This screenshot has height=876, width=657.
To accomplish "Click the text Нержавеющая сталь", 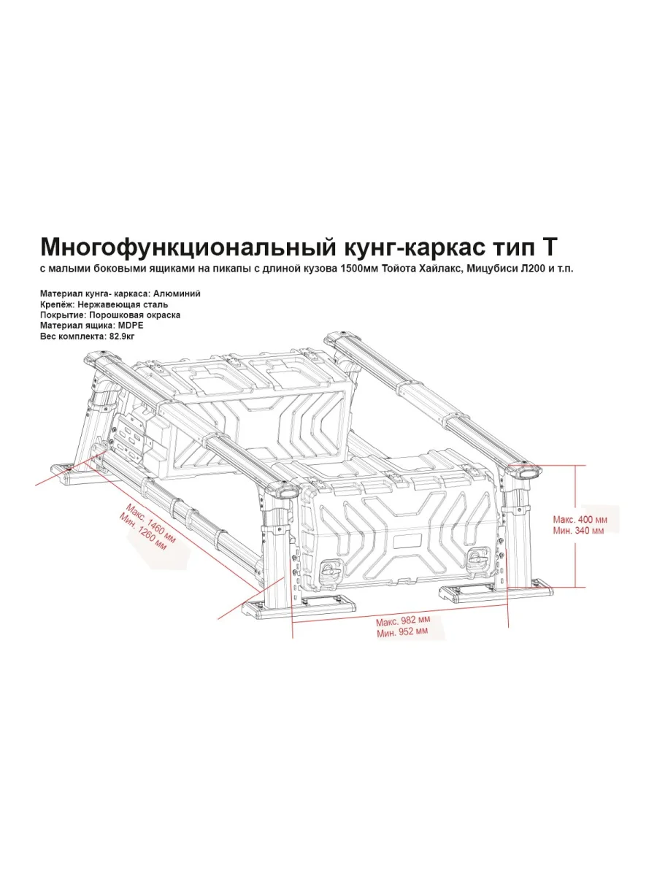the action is (123, 304).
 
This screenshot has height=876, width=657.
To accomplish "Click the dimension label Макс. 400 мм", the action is (580, 520).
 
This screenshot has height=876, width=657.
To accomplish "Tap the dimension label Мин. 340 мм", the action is (578, 531).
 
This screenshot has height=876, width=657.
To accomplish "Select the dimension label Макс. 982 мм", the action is (403, 621).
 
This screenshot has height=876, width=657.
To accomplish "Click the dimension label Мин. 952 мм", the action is (402, 632).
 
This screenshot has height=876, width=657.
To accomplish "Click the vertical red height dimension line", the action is (576, 526).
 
